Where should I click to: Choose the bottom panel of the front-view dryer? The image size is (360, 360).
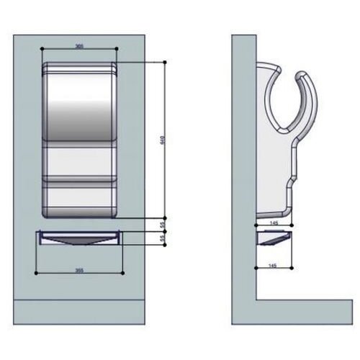coord(79,198)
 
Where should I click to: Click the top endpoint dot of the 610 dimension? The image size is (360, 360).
coord(167,63)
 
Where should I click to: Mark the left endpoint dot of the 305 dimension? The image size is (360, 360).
coord(44,50)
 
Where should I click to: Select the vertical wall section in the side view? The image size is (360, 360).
coord(242,166)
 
